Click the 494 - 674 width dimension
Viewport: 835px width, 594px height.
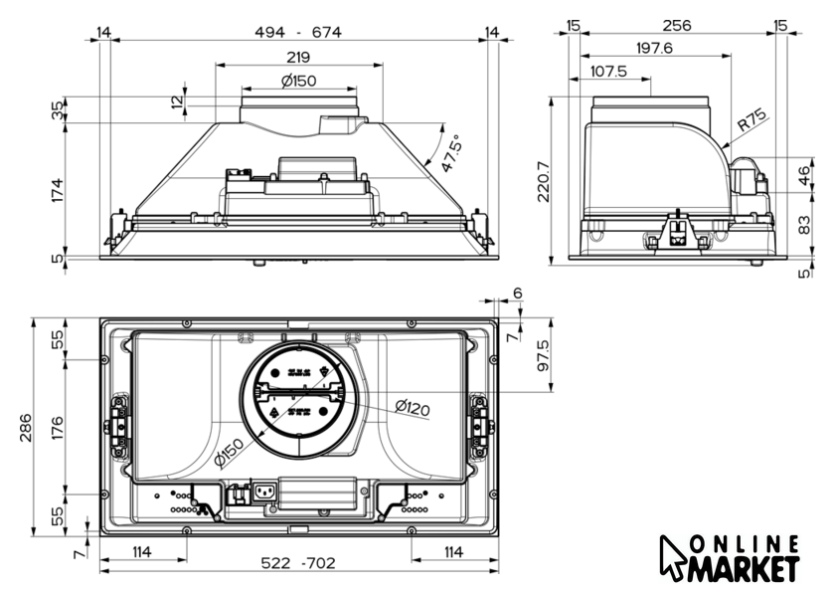(297, 32)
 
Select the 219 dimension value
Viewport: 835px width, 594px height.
(298, 57)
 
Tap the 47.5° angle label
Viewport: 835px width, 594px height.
(450, 153)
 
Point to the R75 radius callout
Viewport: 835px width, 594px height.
(751, 120)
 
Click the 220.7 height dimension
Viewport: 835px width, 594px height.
(543, 182)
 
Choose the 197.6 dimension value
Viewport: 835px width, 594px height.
(654, 48)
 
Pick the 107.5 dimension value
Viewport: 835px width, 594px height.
(608, 71)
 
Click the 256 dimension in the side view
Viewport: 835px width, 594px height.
(676, 25)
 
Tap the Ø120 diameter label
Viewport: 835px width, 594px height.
(413, 408)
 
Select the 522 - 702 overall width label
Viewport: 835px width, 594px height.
(298, 563)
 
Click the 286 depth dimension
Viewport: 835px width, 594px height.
(25, 428)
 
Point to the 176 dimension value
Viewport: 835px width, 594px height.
(57, 428)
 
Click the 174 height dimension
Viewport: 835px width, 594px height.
(57, 190)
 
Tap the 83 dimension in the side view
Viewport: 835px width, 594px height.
(804, 224)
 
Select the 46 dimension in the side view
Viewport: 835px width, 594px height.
(804, 175)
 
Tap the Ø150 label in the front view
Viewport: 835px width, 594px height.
(299, 81)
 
